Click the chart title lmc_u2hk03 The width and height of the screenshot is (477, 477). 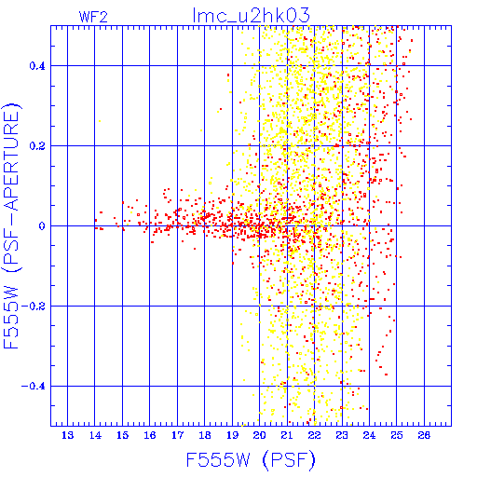[x=251, y=15]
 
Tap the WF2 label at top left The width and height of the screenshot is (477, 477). [x=93, y=17]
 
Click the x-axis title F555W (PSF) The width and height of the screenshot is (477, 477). [x=251, y=459]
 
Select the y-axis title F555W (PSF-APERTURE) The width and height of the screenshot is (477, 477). [x=11, y=225]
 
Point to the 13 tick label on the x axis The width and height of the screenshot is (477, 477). [x=68, y=435]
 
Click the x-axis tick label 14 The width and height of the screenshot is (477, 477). [x=95, y=435]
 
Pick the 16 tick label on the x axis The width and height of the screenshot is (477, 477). [x=150, y=435]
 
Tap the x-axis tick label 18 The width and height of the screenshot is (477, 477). [x=205, y=435]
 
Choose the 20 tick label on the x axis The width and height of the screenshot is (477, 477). [x=260, y=435]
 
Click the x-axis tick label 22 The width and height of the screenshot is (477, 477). [x=314, y=435]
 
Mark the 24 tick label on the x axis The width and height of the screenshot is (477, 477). [x=369, y=435]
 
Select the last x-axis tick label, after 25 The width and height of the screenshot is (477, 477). [x=424, y=435]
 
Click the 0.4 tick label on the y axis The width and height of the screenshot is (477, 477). [x=37, y=66]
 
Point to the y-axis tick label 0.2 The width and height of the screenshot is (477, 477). [x=37, y=146]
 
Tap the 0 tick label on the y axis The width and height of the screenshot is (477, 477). [x=42, y=226]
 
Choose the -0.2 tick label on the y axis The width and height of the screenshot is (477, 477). [x=34, y=307]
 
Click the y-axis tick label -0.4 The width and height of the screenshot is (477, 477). [x=34, y=387]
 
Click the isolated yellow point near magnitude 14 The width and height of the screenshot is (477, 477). [x=100, y=121]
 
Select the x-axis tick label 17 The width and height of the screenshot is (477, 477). [x=177, y=435]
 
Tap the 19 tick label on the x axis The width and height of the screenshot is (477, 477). [x=232, y=435]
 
